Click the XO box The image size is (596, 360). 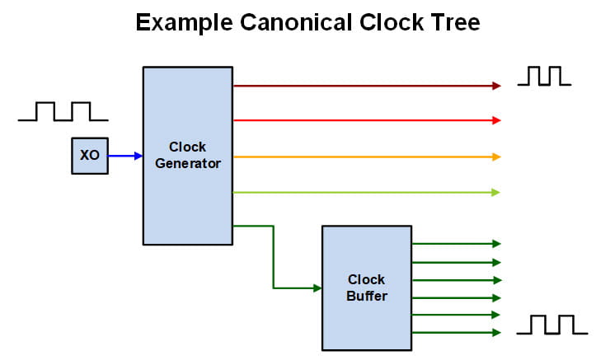coord(89,155)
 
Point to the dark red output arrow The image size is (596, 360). coord(367,85)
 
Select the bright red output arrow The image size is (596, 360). coord(367,120)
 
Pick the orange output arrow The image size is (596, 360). coord(367,157)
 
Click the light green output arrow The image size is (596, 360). coord(367,192)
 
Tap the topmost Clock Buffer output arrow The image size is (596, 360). coord(456,244)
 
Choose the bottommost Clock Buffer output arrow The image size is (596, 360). coord(456,333)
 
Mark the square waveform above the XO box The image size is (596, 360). coord(63,111)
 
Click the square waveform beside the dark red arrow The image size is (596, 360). coord(543,76)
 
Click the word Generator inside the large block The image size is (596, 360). coord(188,163)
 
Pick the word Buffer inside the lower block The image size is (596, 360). coord(367,295)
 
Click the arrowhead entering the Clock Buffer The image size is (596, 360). coord(317,288)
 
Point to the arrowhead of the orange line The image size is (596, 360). coord(496,157)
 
